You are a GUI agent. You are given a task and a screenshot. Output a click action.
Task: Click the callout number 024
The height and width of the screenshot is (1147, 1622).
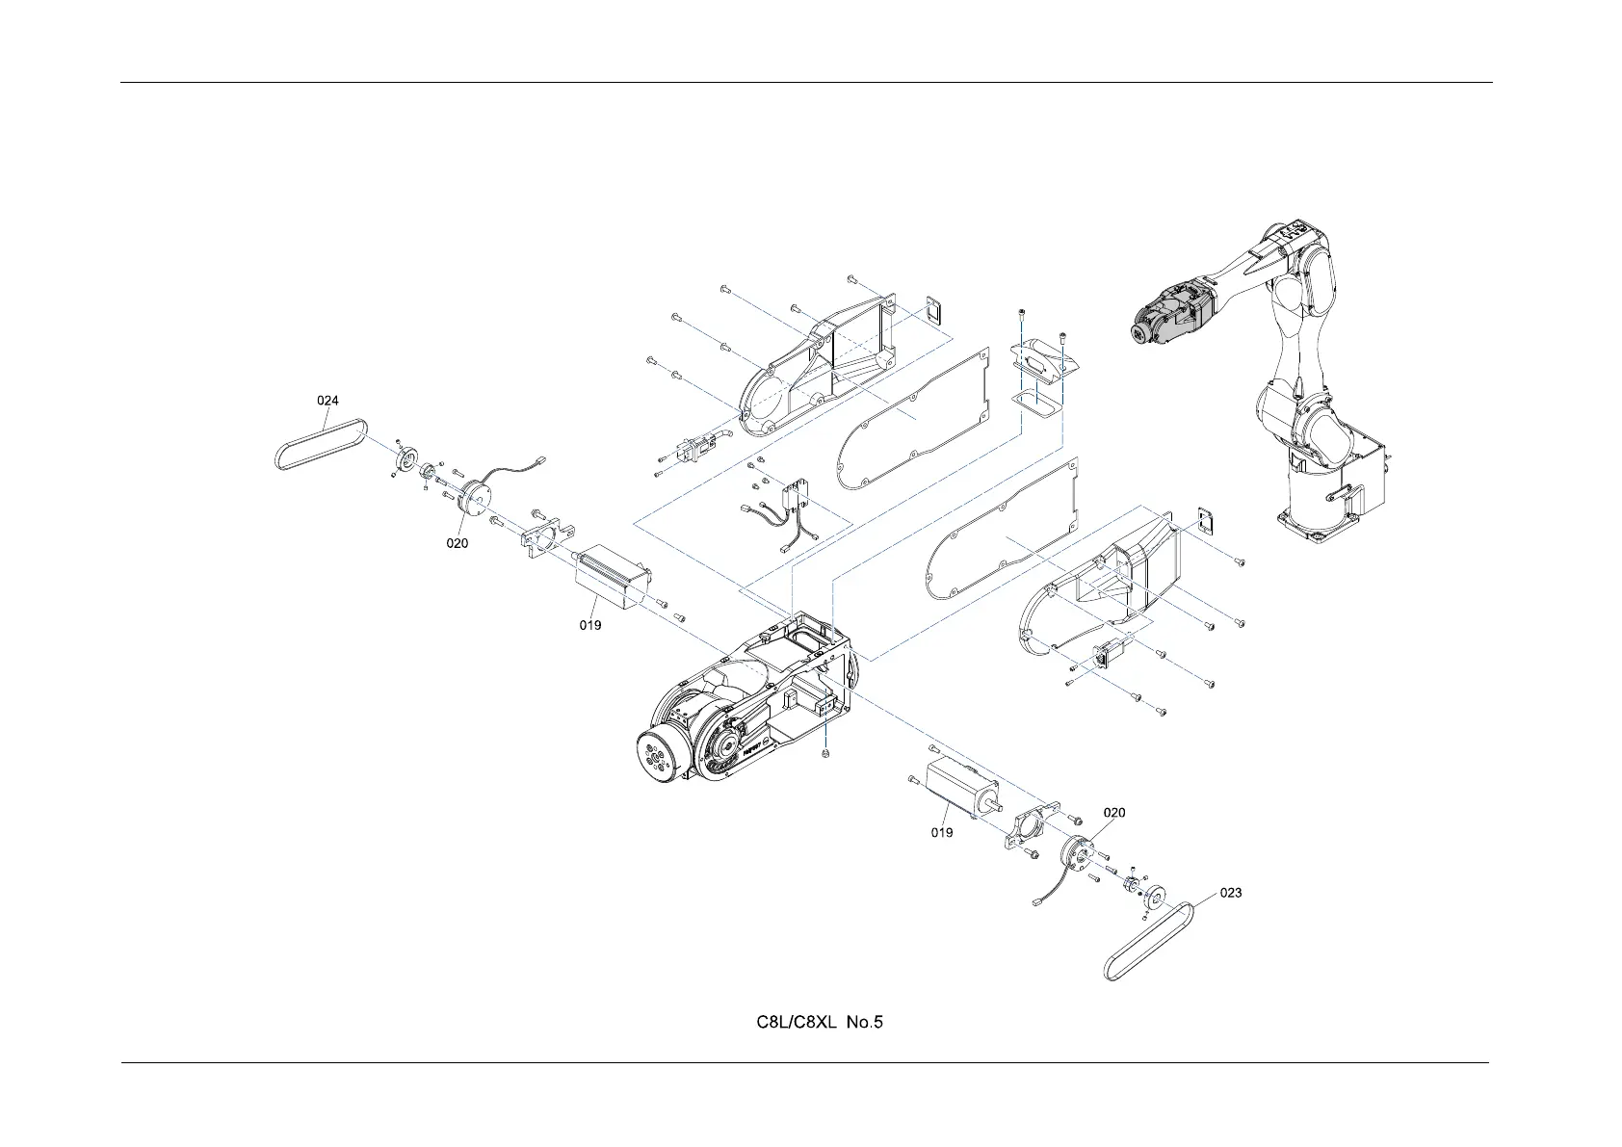coord(328,400)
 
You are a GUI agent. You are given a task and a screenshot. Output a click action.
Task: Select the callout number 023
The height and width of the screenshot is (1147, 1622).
coord(1231,893)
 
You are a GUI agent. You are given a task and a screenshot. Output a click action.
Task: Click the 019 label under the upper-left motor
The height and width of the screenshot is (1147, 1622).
coord(590,625)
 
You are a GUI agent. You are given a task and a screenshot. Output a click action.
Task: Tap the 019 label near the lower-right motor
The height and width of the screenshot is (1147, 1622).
coord(942,832)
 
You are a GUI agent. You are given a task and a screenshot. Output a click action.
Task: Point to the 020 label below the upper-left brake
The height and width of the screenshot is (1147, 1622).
coord(457,543)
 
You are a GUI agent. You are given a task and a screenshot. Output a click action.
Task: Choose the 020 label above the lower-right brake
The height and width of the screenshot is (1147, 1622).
coord(1113,812)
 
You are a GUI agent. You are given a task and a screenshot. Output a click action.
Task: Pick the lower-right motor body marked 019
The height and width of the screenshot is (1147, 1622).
coord(959,791)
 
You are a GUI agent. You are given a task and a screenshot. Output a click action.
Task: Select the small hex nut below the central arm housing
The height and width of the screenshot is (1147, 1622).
coord(827,753)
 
